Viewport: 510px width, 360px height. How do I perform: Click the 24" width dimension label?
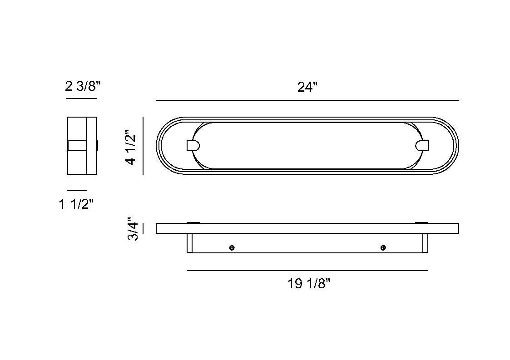pos(307,87)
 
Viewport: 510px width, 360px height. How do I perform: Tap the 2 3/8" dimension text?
pos(83,86)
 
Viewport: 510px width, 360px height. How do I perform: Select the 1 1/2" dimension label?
pos(76,204)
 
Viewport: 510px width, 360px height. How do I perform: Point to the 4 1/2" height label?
pos(131,148)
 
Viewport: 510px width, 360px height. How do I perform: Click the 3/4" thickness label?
pos(133,229)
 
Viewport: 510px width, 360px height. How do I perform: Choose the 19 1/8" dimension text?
pos(309,284)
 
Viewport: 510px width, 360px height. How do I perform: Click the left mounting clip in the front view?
pos(193,145)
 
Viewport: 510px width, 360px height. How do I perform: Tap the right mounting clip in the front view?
pos(422,145)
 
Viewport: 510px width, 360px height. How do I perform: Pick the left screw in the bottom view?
pos(232,248)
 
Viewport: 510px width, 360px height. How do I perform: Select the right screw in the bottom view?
pos(383,248)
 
